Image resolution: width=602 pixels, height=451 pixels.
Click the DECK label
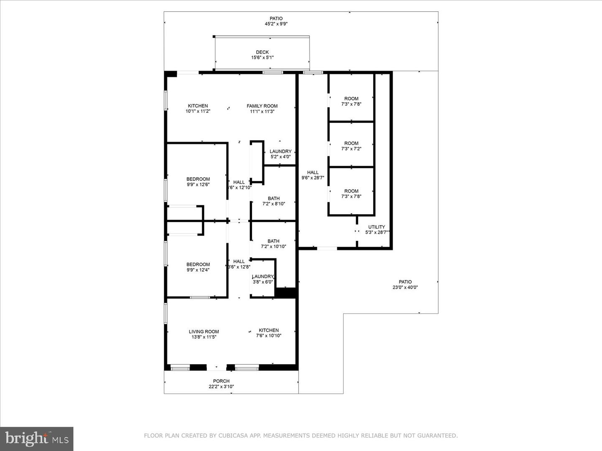(262, 53)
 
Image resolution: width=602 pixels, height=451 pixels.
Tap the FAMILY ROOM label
(262, 106)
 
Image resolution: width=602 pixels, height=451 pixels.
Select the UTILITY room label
(376, 227)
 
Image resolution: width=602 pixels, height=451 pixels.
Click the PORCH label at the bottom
(221, 381)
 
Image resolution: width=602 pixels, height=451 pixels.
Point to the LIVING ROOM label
(204, 332)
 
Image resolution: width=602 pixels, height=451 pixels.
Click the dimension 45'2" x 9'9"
(276, 24)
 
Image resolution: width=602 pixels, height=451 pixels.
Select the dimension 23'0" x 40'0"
(405, 287)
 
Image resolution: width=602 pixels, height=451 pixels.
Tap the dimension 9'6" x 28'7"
(313, 178)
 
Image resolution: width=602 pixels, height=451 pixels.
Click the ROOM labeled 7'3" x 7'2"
(351, 143)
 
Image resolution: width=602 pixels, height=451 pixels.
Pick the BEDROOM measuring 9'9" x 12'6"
(198, 179)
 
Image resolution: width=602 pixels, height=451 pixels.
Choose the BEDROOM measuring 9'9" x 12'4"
(198, 264)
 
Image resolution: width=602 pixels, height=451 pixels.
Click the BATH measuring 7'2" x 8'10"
(274, 199)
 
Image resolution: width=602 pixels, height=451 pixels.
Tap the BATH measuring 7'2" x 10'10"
(273, 241)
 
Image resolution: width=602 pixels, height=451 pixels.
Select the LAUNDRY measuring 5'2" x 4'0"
(281, 152)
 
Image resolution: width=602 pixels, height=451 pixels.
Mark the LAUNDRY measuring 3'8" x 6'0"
(263, 277)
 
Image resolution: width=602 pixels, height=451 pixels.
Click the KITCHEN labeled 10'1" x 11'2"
(198, 106)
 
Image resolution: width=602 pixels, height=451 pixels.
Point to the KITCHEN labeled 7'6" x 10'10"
(268, 330)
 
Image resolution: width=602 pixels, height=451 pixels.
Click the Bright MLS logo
(37, 438)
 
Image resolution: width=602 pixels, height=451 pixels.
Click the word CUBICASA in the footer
(230, 436)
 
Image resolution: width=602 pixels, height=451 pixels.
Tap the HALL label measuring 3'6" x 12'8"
(239, 262)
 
